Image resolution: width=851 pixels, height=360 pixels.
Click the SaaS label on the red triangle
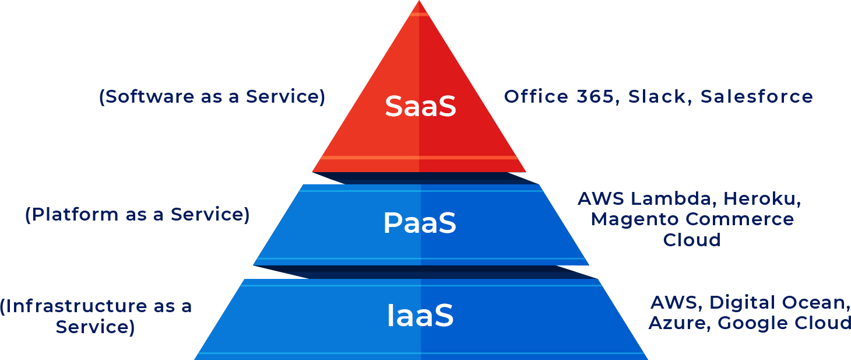pyautogui.click(x=420, y=107)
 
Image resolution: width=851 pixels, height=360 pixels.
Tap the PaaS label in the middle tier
pyautogui.click(x=420, y=223)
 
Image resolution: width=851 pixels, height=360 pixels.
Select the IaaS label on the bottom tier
pyautogui.click(x=420, y=316)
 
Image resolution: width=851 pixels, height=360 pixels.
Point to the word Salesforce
pyautogui.click(x=757, y=96)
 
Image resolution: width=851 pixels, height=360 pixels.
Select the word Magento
pyautogui.click(x=634, y=219)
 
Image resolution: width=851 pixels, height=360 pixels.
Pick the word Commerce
pyautogui.click(x=740, y=219)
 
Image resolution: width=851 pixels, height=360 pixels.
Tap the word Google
pyautogui.click(x=752, y=323)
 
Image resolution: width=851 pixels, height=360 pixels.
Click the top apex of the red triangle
pyautogui.click(x=419, y=4)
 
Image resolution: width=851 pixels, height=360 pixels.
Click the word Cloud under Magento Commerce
pyautogui.click(x=692, y=240)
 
